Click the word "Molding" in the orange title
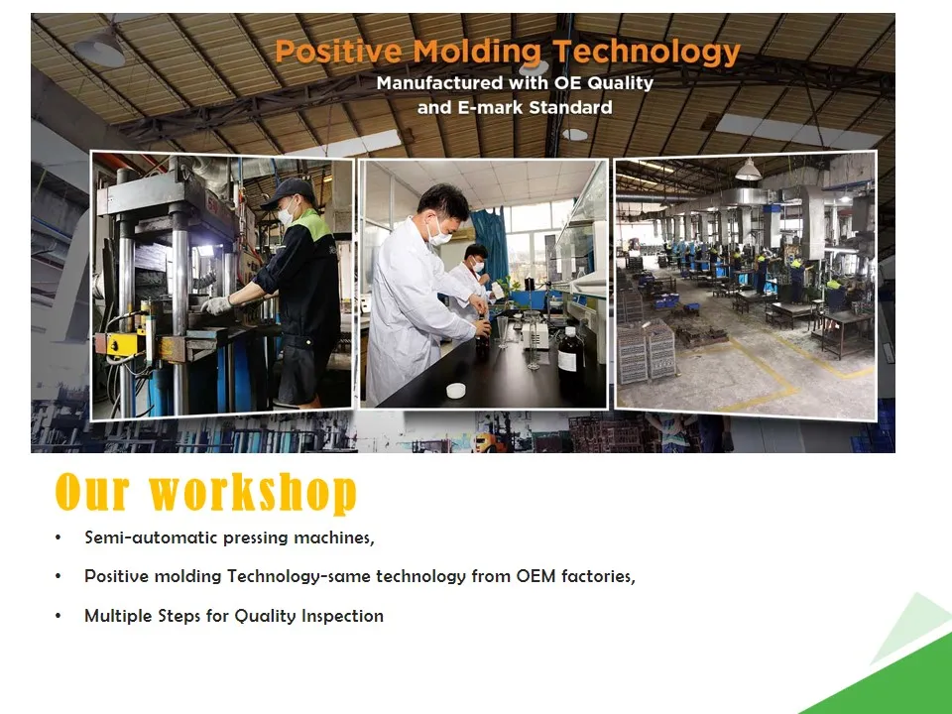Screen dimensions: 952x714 tap(477, 52)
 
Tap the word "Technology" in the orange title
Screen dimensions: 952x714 tap(646, 53)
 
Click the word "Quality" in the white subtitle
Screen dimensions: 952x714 tap(620, 83)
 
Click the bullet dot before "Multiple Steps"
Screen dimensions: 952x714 tap(59, 616)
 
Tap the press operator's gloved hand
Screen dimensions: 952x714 tap(216, 304)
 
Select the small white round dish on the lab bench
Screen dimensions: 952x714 tap(455, 391)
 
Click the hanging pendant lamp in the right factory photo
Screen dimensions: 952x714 tap(748, 170)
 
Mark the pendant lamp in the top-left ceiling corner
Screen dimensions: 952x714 tap(99, 48)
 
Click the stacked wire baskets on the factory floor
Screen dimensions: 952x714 tap(647, 351)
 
